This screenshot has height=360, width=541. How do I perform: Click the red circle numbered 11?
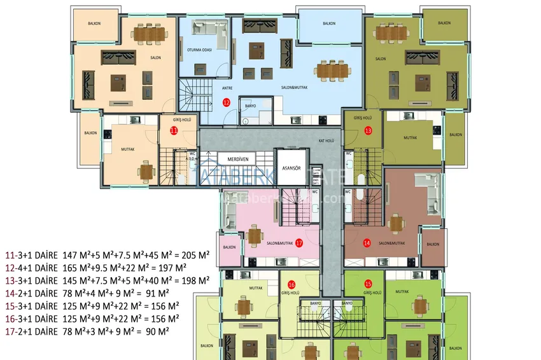pos(173,130)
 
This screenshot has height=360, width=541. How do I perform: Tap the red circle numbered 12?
pos(226,102)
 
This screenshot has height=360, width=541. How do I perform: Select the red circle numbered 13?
pos(368,130)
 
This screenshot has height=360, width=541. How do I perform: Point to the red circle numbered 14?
pos(367,242)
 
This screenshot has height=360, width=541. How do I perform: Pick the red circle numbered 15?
pos(368,284)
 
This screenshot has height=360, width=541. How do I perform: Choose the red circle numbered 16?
pos(292,284)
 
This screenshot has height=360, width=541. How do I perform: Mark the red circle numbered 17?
pos(299,242)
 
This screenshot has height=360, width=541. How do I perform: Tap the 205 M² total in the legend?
pos(197,254)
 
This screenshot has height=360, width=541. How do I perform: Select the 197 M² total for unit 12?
pos(174,267)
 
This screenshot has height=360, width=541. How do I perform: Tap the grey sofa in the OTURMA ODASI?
pos(210,32)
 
